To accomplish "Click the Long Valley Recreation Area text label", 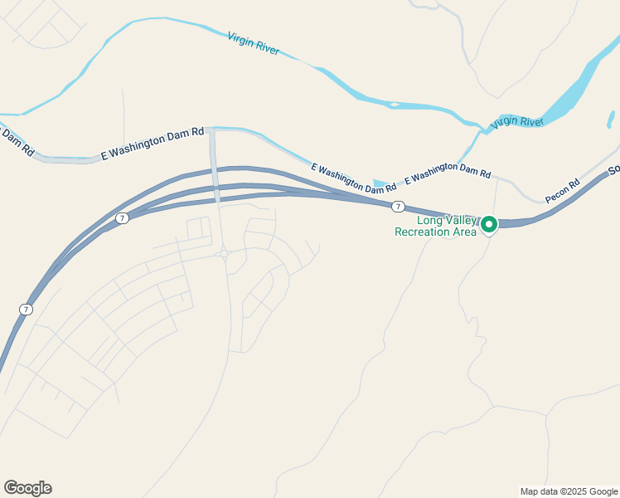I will click(x=435, y=226).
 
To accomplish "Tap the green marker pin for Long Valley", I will click(x=489, y=224).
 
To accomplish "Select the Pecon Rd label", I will click(x=563, y=191).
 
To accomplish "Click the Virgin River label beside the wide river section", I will click(x=516, y=122).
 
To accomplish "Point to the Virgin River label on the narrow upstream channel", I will click(x=253, y=44).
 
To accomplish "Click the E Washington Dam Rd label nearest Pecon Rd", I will click(x=448, y=173).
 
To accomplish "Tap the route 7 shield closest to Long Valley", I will click(x=399, y=206).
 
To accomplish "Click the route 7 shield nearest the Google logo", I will click(x=26, y=309).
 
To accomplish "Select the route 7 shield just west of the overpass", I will click(x=122, y=217).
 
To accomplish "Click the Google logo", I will click(x=27, y=488).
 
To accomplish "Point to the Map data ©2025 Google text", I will click(x=569, y=491).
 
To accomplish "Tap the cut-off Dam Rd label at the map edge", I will click(x=17, y=141).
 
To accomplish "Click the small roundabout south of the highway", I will click(x=224, y=254).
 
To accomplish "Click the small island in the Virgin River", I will click(x=395, y=105).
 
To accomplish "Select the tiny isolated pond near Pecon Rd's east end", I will click(x=611, y=120).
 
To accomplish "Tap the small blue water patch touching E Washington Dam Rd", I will click(x=380, y=184).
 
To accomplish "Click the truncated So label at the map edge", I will click(x=613, y=170).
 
